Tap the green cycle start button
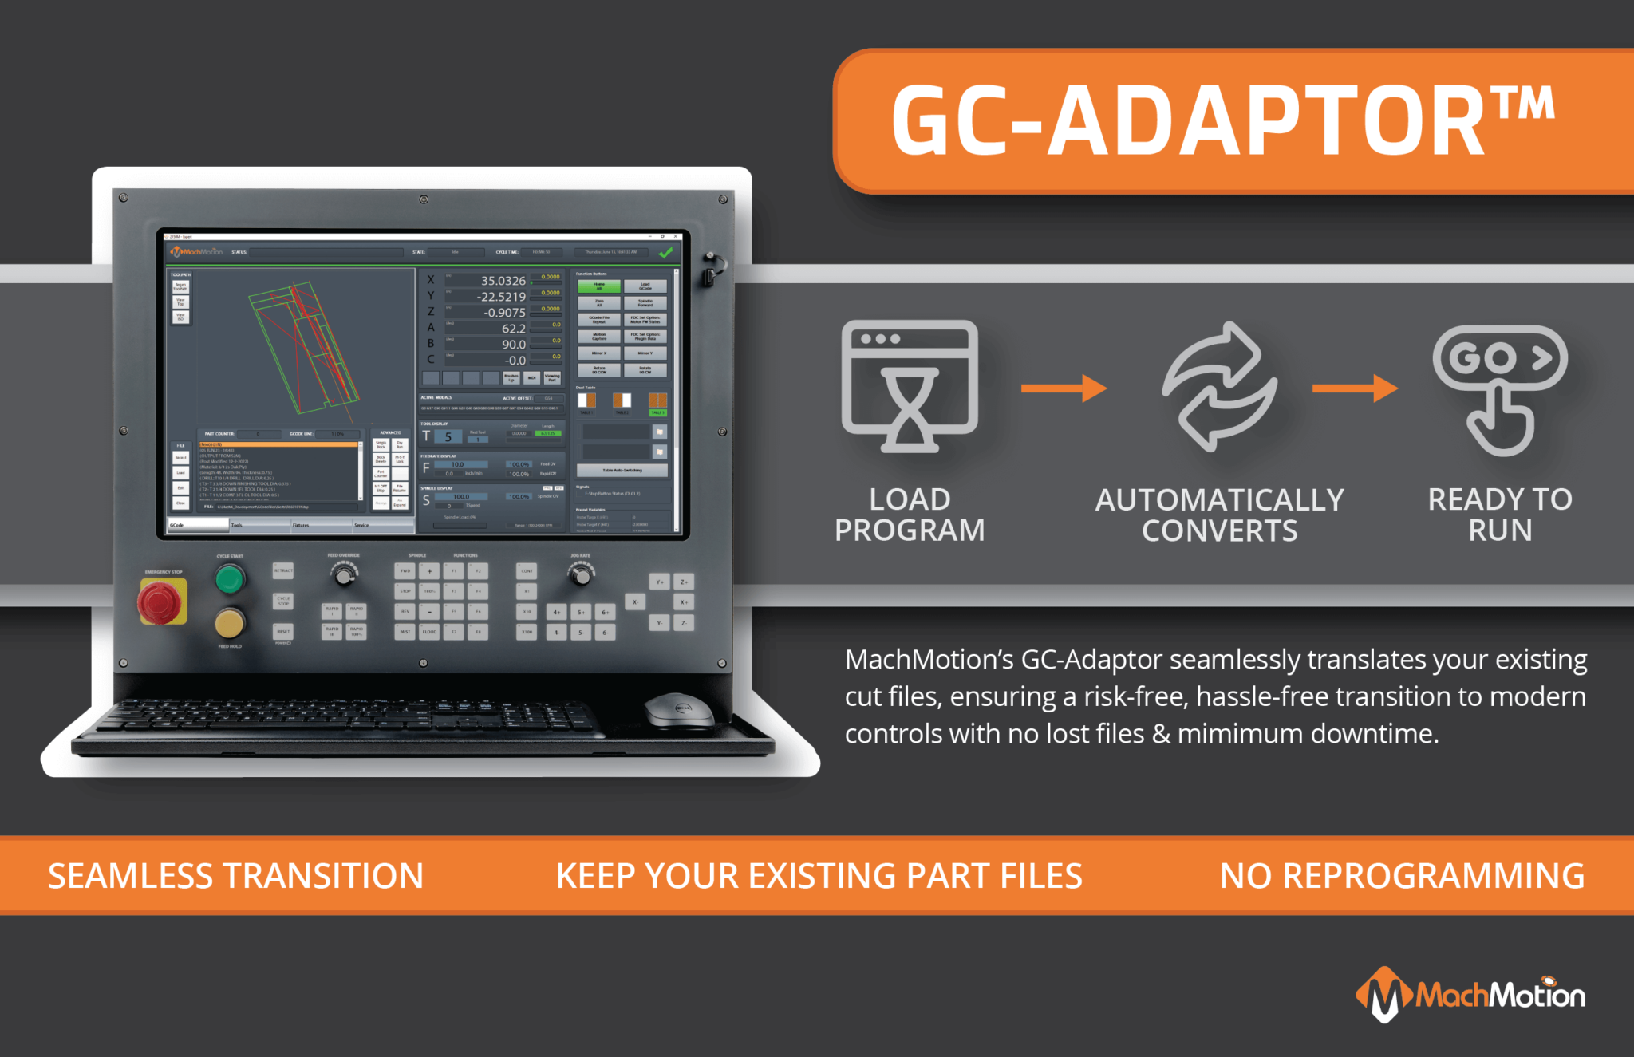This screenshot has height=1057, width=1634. pos(230,579)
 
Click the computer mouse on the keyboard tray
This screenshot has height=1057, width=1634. pos(678,709)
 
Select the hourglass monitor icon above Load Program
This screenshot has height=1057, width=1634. pos(910,387)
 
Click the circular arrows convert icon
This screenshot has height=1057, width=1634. pos(1219,387)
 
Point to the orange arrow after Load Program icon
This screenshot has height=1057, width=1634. pos(1064,388)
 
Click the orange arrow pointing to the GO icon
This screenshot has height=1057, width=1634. pos(1355,388)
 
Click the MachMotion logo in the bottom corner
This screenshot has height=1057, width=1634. pos(1470,994)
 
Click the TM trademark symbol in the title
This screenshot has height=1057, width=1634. pos(1523,105)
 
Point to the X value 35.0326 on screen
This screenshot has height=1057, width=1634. pos(503,281)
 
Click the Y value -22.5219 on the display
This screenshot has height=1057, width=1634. pos(501,297)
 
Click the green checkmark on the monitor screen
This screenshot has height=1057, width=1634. pos(665,252)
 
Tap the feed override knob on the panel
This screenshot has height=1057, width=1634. pos(345,574)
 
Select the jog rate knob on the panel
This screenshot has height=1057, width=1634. pos(580,574)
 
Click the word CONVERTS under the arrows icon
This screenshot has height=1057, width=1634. pos(1219,531)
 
